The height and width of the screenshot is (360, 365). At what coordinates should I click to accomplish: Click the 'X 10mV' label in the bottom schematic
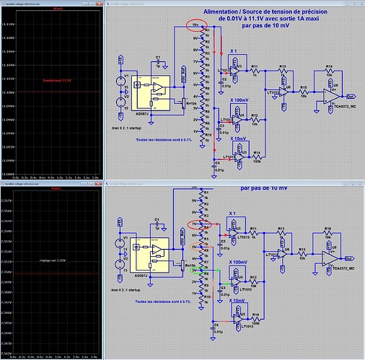pos(237,301)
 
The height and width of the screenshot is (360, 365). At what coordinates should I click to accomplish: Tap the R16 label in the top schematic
pos(328,66)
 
